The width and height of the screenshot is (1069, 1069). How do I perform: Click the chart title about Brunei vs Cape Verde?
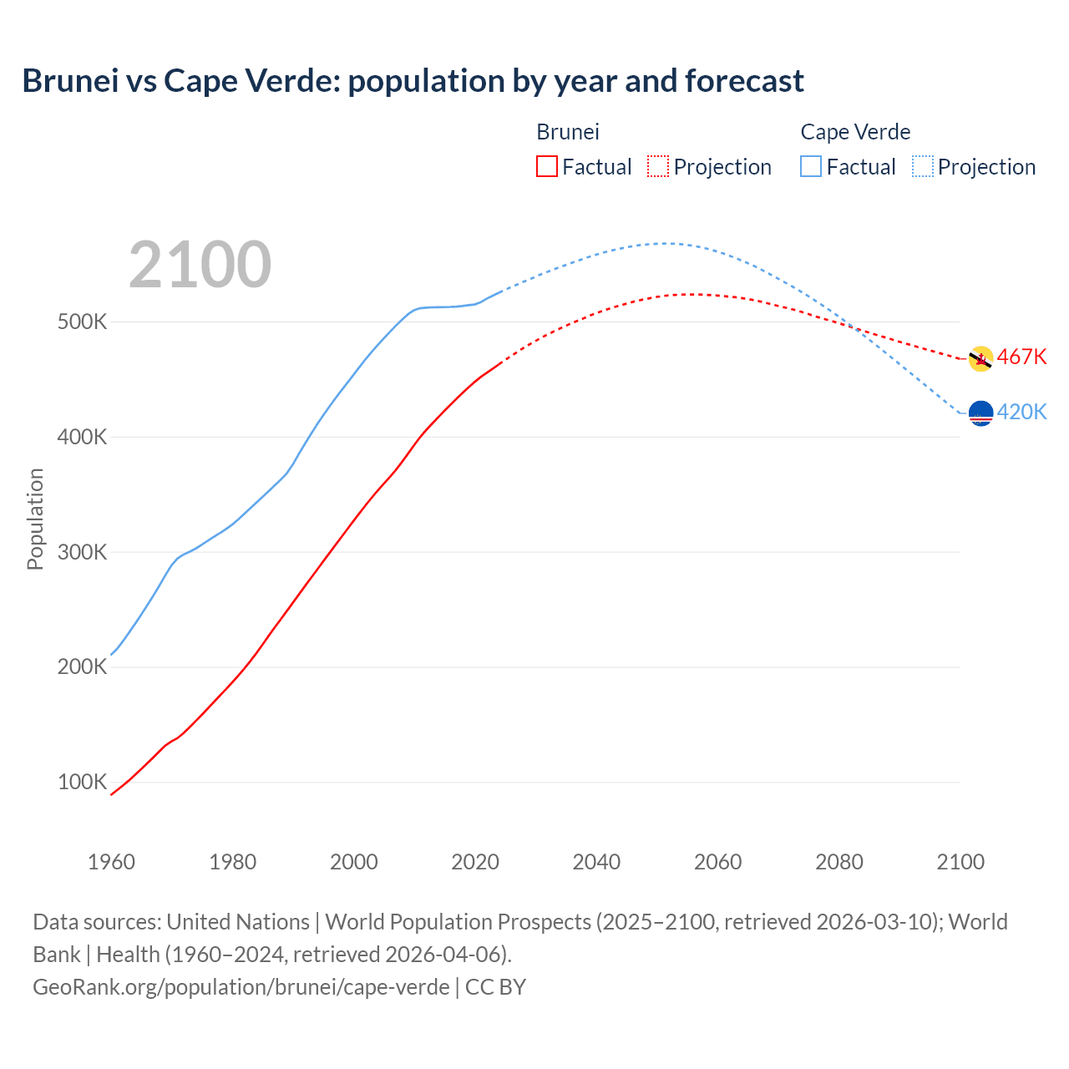point(413,81)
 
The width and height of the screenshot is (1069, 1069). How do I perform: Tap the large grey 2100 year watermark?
point(200,265)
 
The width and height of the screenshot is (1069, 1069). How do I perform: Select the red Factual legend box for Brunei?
point(547,166)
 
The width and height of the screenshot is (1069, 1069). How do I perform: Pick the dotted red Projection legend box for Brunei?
point(658,166)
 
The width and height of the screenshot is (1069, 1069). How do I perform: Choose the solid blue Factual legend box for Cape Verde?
point(811,166)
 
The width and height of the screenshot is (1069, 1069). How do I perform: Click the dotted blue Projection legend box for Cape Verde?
point(922,166)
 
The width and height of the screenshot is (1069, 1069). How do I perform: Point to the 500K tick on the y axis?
point(82,322)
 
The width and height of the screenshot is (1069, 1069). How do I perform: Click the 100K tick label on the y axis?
point(82,783)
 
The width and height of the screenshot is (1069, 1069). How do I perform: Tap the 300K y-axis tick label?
point(82,552)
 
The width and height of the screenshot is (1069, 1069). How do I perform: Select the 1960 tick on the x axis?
point(111,862)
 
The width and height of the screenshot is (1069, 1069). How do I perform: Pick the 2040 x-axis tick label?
point(596,862)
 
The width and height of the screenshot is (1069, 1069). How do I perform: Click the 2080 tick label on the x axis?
point(838,862)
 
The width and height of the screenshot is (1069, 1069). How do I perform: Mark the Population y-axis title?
point(35,519)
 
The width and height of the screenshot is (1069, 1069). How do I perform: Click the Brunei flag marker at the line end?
point(980,359)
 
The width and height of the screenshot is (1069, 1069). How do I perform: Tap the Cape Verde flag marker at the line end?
point(980,413)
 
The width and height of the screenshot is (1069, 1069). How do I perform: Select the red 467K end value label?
point(1021,357)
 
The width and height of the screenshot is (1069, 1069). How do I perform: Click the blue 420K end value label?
point(1021,412)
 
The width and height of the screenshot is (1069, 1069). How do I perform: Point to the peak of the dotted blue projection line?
point(665,243)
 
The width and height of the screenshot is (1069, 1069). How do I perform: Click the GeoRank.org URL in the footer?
point(241,987)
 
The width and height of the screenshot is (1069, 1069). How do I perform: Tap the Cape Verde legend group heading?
point(854,132)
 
